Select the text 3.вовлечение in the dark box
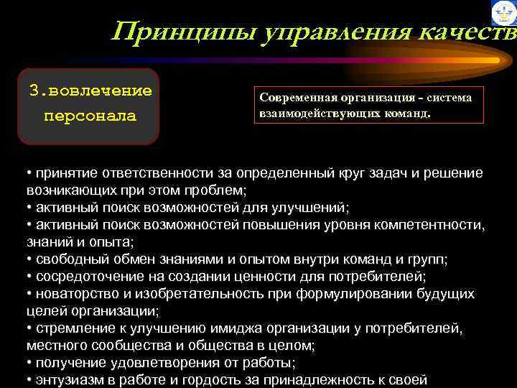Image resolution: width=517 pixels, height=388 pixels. pyautogui.click(x=90, y=91)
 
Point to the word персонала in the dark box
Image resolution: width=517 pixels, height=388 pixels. pyautogui.click(x=90, y=116)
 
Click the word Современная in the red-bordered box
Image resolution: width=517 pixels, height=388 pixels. pyautogui.click(x=295, y=98)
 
